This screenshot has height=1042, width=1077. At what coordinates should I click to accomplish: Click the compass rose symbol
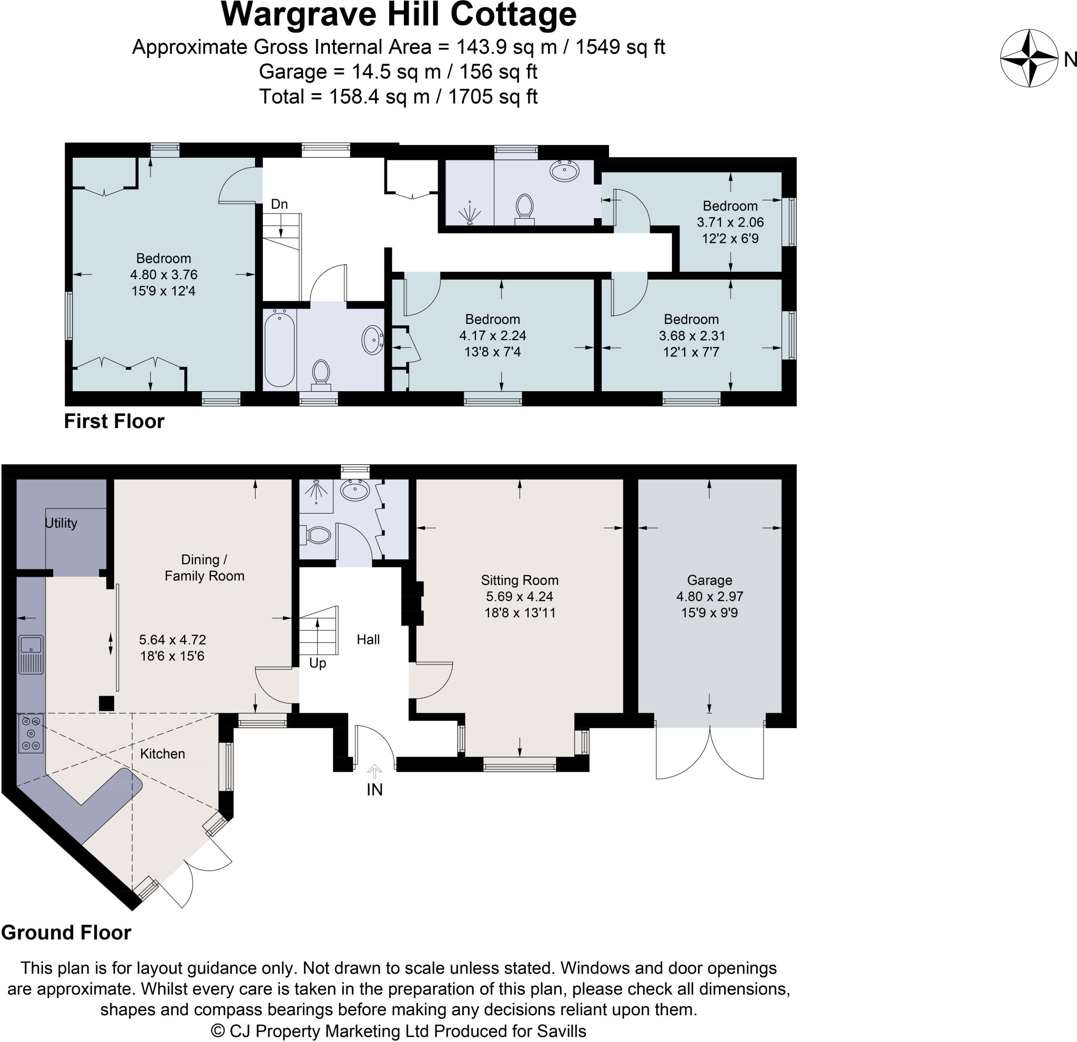(1028, 59)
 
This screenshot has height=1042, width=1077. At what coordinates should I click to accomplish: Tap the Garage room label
(709, 580)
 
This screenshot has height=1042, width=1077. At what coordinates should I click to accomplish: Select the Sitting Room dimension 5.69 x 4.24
(519, 597)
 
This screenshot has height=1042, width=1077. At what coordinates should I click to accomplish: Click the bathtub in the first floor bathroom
(279, 349)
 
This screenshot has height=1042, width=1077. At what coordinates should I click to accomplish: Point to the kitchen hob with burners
(31, 733)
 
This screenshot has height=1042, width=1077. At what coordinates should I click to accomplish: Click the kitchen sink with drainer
(31, 654)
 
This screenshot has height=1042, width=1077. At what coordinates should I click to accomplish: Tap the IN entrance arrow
(374, 771)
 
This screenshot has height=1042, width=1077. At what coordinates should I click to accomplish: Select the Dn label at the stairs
(279, 205)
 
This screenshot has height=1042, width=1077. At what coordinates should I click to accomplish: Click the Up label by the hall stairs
(318, 663)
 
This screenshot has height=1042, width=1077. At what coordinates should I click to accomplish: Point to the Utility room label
(60, 523)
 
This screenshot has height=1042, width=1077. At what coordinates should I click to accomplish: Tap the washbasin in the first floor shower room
(564, 171)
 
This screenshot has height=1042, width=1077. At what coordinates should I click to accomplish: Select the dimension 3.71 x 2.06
(730, 222)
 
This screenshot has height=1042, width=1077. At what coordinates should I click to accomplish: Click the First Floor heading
(114, 421)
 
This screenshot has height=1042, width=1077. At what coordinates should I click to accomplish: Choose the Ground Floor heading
(66, 933)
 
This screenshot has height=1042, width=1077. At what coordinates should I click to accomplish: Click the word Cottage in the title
(513, 15)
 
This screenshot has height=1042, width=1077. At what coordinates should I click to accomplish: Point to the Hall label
(368, 639)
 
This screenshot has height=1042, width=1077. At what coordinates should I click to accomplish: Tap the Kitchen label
(162, 753)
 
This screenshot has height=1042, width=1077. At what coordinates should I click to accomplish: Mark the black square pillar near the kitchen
(106, 703)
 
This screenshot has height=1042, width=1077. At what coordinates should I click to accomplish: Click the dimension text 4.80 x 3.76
(163, 274)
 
